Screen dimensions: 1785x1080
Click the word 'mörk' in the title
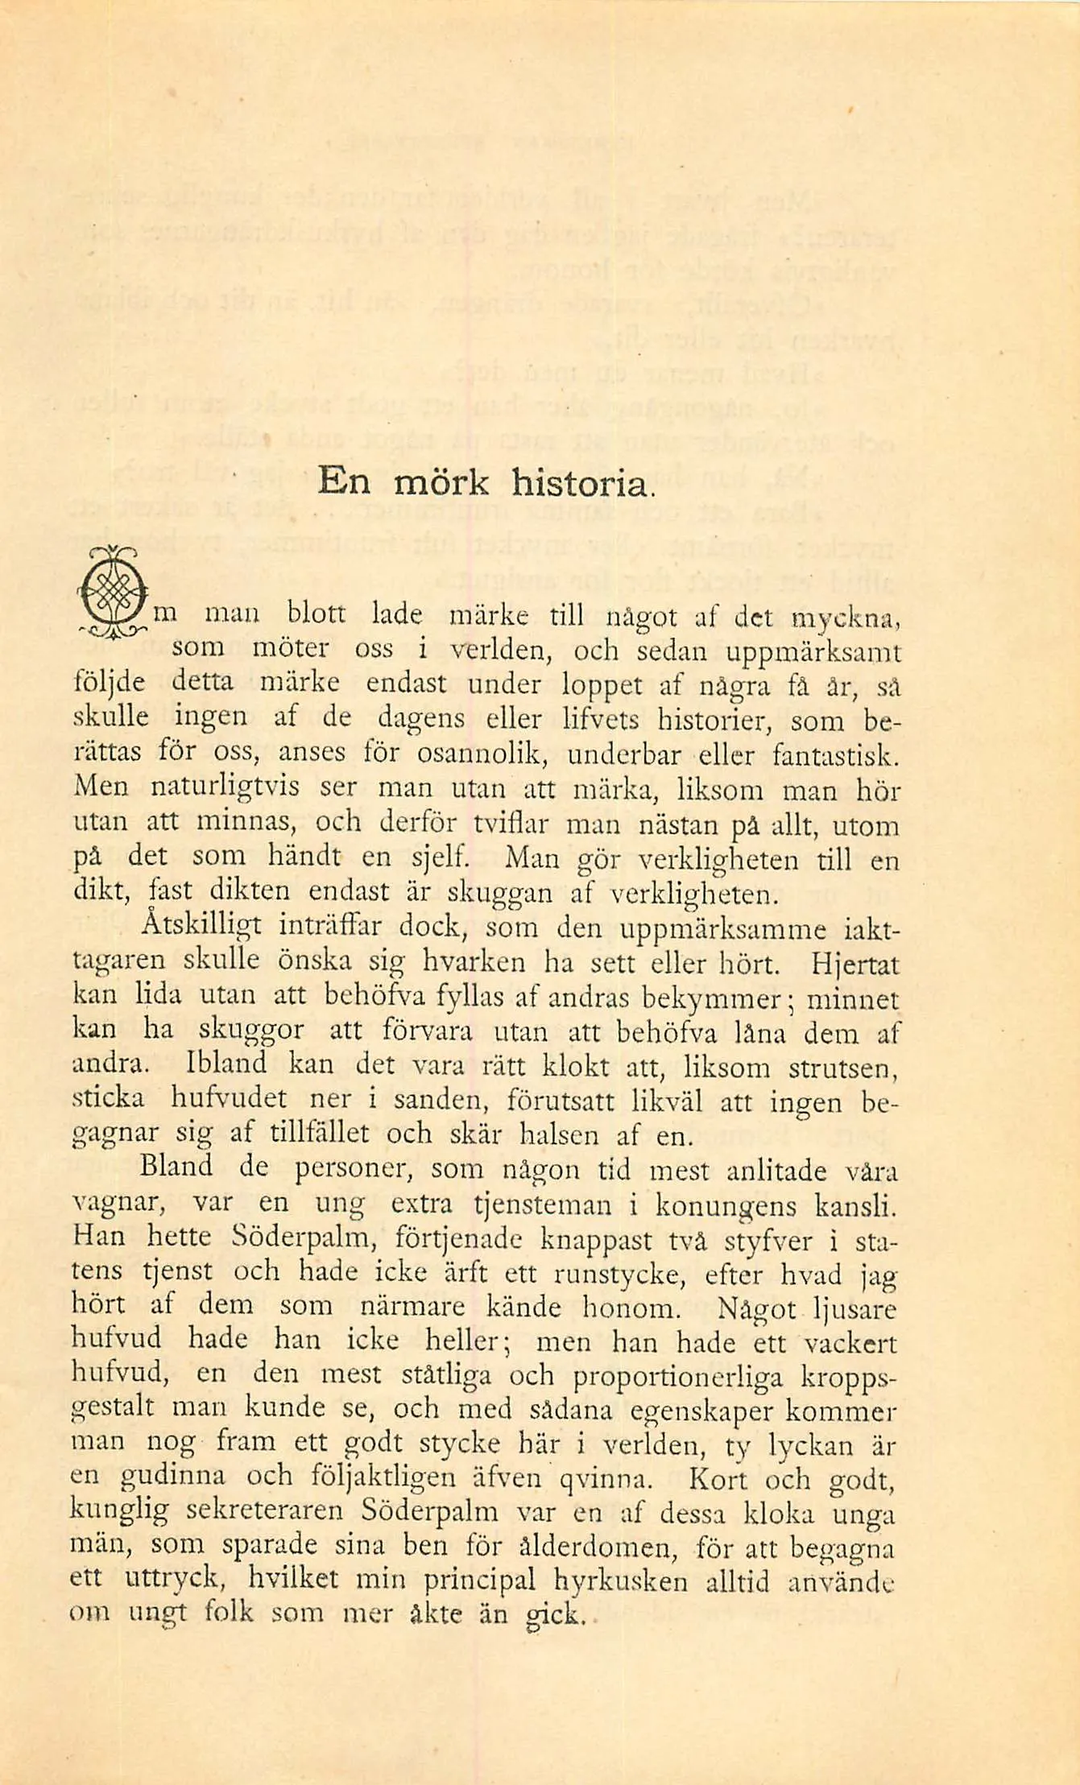click(x=441, y=482)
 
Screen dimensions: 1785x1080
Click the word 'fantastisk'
click(x=833, y=755)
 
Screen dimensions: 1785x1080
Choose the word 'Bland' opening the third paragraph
click(x=176, y=1167)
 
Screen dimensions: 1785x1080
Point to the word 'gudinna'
click(x=173, y=1477)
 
